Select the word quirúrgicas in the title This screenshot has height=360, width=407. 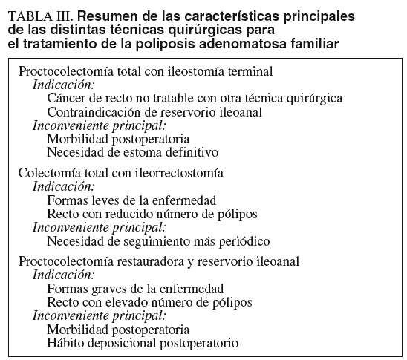coord(212,30)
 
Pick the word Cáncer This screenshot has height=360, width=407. coord(65,99)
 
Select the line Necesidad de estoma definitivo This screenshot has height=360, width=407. coord(132,152)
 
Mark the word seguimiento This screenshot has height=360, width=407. coord(166,240)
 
